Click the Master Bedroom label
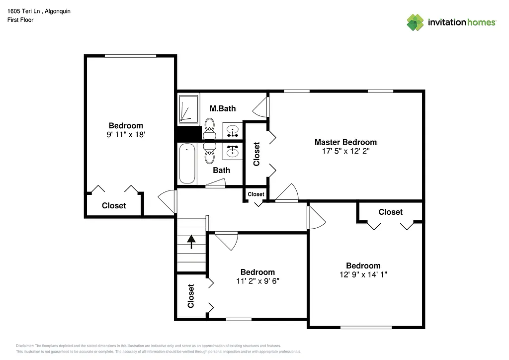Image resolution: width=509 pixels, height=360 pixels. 345,142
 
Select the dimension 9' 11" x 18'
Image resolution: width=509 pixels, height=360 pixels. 126,134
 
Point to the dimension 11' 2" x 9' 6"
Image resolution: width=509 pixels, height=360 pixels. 257,281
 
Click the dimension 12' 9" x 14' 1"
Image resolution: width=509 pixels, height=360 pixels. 363,274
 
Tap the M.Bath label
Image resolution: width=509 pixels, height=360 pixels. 222,108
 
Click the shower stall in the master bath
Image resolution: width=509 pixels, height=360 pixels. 188,108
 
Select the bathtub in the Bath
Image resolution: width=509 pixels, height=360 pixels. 187,164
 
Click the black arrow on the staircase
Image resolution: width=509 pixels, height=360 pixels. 191,242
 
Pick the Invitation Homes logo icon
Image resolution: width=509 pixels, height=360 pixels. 415,22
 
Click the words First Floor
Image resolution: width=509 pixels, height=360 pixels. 20,20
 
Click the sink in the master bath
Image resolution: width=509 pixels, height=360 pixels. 232,131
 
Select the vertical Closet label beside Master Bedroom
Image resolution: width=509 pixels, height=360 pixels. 256,154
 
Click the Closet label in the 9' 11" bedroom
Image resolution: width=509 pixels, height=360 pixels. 114,206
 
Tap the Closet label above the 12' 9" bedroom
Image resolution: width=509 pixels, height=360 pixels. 390,212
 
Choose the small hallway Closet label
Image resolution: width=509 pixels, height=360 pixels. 256,194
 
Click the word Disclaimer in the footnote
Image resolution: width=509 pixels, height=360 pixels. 24,346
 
